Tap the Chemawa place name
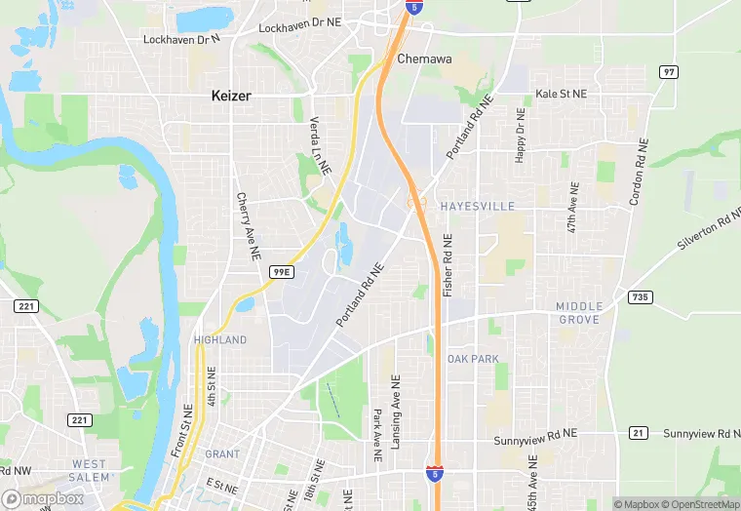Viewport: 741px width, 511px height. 424,59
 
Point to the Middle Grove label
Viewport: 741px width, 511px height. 579,313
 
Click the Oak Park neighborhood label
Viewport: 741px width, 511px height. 473,359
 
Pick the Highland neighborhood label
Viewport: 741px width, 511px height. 219,339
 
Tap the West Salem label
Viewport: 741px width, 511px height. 89,470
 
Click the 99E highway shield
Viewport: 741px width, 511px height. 281,272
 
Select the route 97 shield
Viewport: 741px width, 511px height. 668,72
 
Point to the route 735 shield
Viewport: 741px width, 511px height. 640,297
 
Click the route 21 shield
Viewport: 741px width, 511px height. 639,433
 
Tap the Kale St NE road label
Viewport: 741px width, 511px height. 562,95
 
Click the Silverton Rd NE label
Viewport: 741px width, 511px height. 709,237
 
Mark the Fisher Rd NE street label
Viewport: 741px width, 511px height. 448,265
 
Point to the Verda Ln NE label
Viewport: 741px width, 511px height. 320,141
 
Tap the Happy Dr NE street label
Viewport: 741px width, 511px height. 520,137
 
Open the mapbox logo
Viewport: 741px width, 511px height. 43,498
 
